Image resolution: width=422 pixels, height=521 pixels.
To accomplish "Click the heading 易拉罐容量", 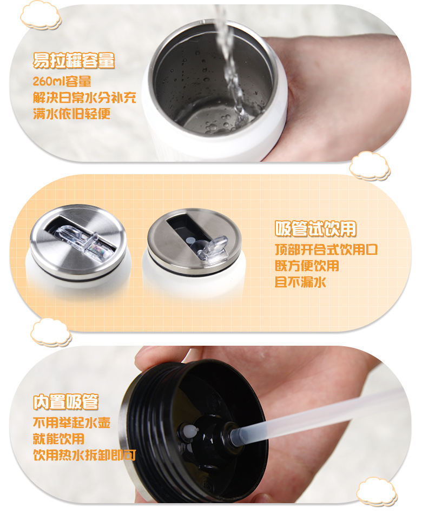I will [74, 61].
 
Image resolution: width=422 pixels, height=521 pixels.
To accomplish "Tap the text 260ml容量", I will [62, 82].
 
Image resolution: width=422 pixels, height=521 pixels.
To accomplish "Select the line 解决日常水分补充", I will [84, 98].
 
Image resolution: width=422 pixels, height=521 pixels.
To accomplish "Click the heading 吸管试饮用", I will [316, 229].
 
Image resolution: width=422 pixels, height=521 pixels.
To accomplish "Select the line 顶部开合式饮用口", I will [326, 250].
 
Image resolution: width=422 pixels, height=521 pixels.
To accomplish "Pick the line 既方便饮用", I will [307, 266].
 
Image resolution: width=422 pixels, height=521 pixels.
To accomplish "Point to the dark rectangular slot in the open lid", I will [181, 227].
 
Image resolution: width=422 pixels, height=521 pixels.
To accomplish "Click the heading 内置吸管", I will [66, 403].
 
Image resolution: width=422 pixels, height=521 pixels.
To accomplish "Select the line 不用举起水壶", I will [71, 423].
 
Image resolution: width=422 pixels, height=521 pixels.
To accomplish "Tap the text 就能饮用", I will [58, 439].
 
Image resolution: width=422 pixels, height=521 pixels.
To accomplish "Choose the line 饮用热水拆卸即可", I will [84, 455].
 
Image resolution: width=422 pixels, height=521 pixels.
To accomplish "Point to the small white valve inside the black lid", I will [190, 431].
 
